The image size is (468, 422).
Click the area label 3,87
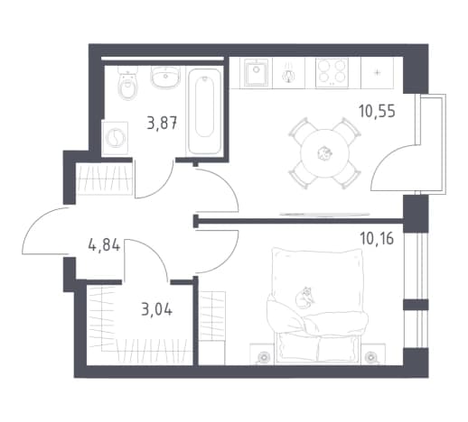tap(162, 123)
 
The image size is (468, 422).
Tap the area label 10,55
tap(377, 111)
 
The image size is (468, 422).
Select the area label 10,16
tap(377, 239)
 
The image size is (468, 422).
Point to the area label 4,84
tap(104, 244)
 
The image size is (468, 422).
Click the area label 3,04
tap(157, 309)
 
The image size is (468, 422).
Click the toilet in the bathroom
tap(127, 83)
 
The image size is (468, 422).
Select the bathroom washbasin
tap(165, 77)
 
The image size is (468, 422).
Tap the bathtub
tap(204, 112)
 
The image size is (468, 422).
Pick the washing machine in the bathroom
tap(115, 138)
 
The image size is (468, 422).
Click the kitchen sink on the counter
tap(256, 73)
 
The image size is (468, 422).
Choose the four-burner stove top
tap(332, 73)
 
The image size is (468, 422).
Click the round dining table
tap(325, 153)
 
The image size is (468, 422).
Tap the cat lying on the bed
tap(304, 298)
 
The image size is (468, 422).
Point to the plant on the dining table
tap(324, 153)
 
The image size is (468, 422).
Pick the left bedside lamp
tap(264, 358)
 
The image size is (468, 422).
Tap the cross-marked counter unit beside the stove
tap(377, 73)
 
